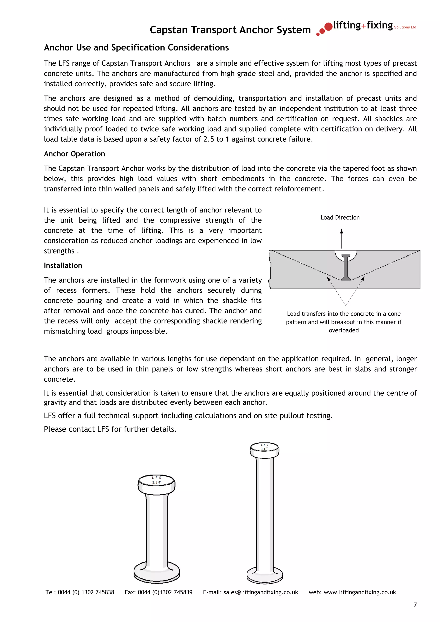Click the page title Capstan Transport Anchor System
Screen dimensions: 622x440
coord(230,30)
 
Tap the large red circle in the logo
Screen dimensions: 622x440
coord(328,27)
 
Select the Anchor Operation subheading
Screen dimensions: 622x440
coord(74,154)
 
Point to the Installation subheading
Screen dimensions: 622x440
coord(63,265)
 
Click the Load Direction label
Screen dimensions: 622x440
coord(340,218)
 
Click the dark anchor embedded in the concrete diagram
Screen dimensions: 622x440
coord(346,267)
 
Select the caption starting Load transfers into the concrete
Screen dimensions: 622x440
coord(344,322)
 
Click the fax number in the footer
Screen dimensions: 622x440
coord(165,592)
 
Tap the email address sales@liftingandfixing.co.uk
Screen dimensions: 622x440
coord(261,592)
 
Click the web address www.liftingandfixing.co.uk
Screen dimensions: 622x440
coord(359,592)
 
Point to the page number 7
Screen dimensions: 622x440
coord(415,605)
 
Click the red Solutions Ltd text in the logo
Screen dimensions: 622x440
coord(405,27)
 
